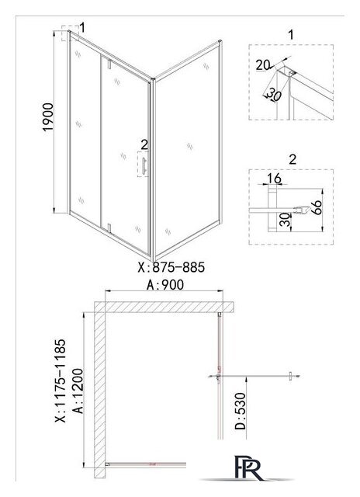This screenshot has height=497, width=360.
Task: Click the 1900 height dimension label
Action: point(48,117)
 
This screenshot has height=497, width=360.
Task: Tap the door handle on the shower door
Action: point(144,165)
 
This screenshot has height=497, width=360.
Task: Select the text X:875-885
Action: point(171,267)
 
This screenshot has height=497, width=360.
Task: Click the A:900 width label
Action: point(165,285)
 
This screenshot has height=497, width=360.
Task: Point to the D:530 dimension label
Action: point(241,411)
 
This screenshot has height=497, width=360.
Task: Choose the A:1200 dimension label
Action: point(78,391)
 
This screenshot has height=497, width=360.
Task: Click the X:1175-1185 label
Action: point(61,381)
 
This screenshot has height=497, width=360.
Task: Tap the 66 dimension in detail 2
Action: point(317,208)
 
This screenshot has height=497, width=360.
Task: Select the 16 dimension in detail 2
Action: point(274,179)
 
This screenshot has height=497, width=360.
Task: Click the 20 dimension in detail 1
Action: point(263,65)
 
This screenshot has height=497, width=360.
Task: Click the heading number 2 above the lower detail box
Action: point(292,159)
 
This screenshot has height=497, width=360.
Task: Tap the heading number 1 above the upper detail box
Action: point(291,34)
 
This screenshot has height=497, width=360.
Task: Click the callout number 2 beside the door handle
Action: point(144,145)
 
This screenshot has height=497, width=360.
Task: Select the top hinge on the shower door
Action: point(109,64)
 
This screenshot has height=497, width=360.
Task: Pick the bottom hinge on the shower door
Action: point(109,228)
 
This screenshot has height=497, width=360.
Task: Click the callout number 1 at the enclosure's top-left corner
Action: point(82,28)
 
